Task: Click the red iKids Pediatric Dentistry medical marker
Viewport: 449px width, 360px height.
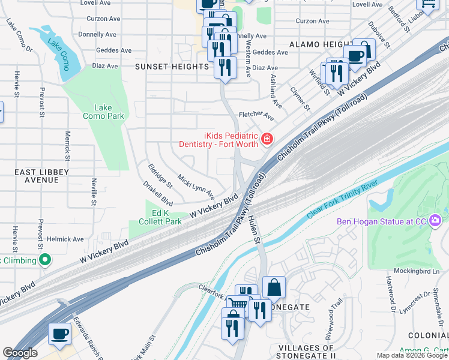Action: click(267, 140)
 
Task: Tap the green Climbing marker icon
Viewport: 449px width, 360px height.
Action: click(44, 260)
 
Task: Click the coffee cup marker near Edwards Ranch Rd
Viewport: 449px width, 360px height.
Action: click(59, 334)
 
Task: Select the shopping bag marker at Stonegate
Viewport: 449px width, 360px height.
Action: click(274, 287)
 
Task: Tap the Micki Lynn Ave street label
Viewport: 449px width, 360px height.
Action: click(196, 187)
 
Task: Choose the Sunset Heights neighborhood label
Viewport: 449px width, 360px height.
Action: click(171, 66)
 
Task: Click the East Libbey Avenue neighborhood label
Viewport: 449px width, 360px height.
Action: click(42, 176)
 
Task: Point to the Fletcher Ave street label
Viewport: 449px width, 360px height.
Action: click(256, 113)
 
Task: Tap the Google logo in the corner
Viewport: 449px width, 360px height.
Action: click(20, 353)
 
